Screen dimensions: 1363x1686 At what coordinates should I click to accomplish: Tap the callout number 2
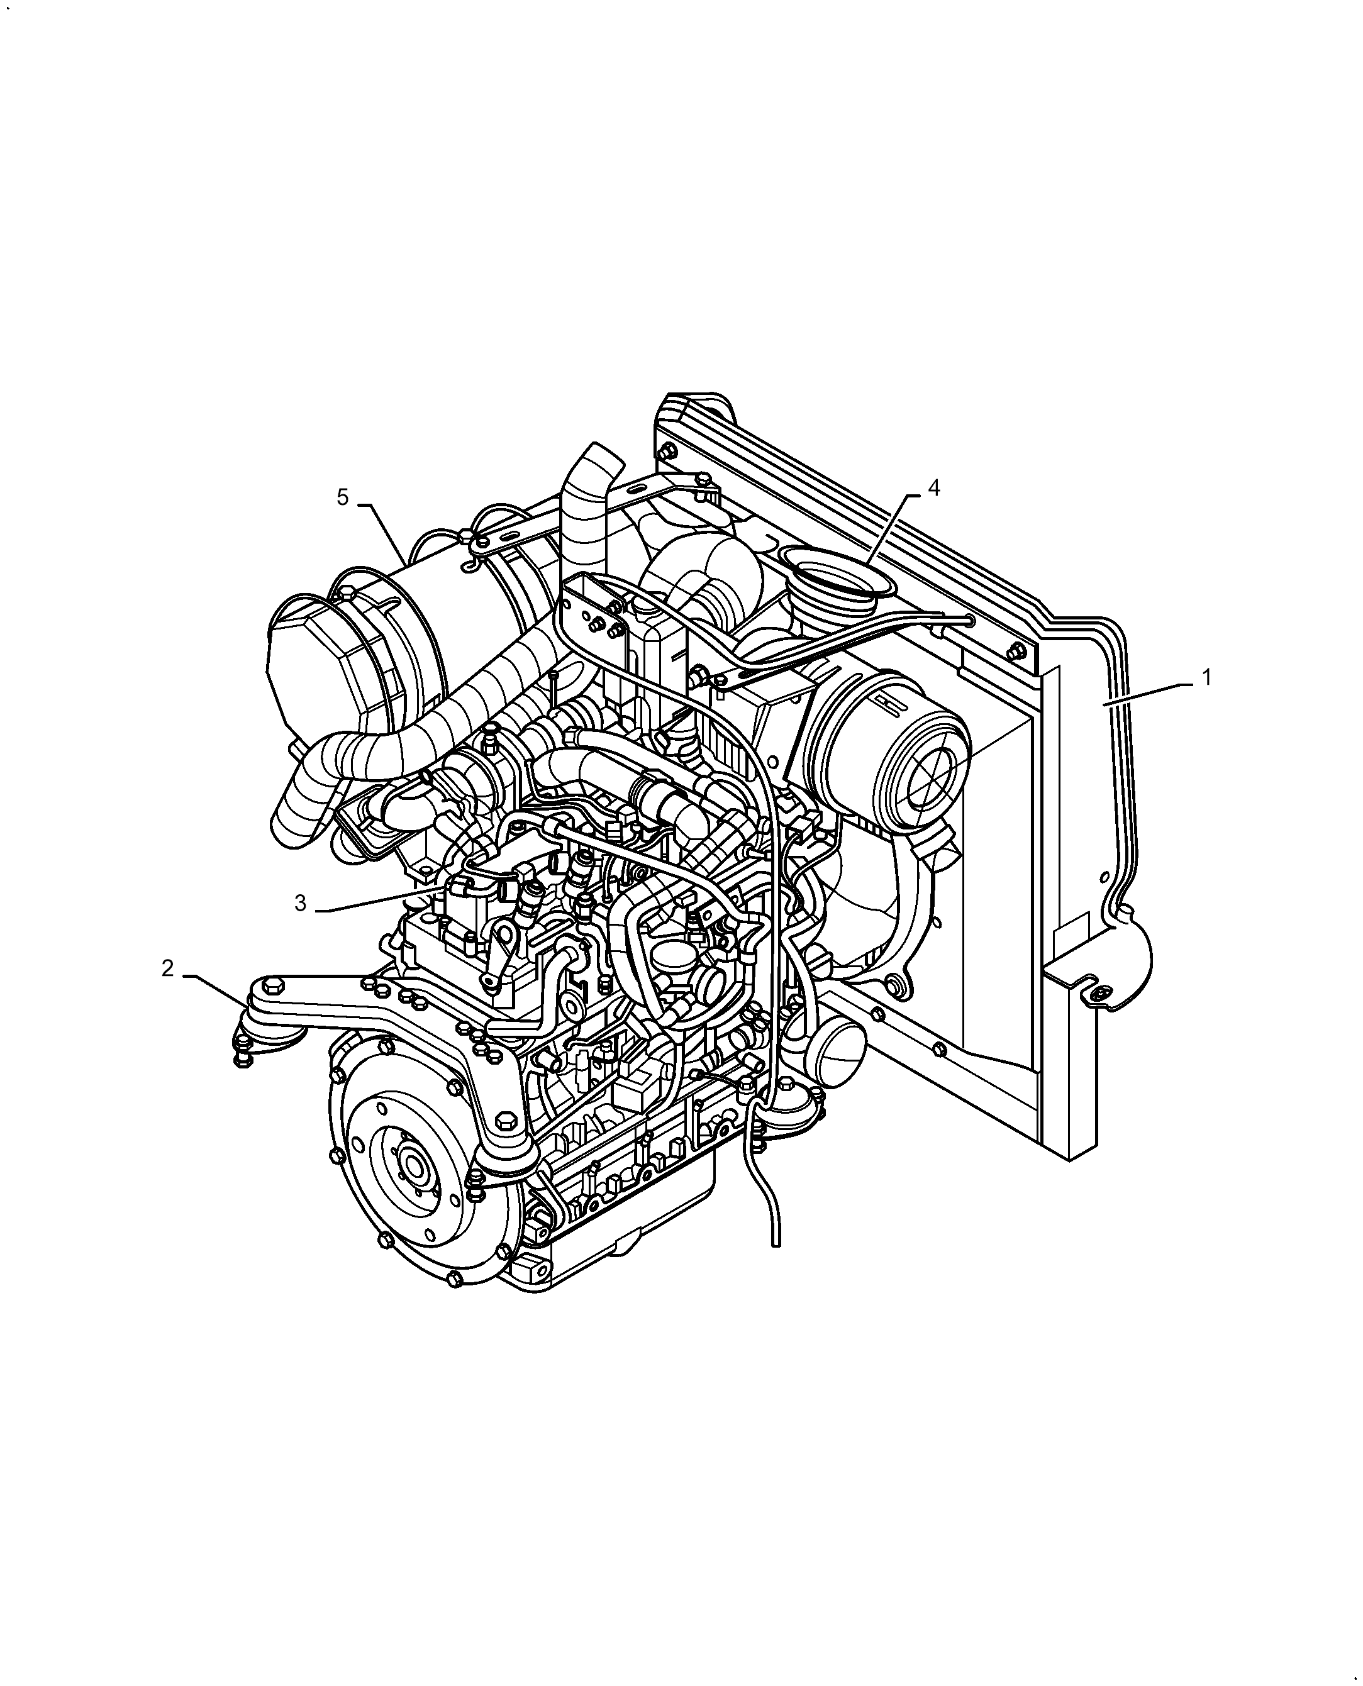(x=167, y=969)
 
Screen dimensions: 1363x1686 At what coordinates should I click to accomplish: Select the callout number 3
(x=300, y=904)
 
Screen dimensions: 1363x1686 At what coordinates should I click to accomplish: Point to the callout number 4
(x=933, y=487)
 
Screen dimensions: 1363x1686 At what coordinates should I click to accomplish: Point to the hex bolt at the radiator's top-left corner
(x=669, y=452)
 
